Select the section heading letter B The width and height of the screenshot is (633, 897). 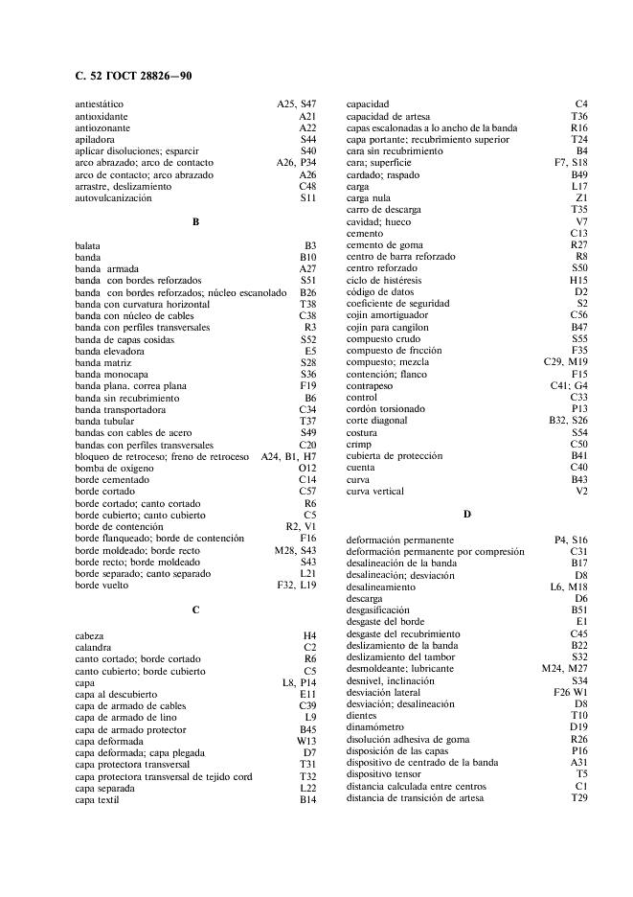195,222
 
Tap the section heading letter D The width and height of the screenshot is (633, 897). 467,515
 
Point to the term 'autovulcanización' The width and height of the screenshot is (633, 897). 113,198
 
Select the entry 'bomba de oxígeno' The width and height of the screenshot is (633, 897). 114,468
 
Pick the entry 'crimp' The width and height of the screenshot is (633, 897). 358,444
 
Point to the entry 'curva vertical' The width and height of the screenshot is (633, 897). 374,492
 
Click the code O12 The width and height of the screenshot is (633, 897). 305,468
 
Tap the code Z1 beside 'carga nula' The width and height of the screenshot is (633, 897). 581,198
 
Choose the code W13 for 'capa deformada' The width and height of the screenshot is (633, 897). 305,741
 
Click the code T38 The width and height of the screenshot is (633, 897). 307,304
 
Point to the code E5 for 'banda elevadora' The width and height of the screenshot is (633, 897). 309,351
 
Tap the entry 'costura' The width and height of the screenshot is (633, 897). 362,432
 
